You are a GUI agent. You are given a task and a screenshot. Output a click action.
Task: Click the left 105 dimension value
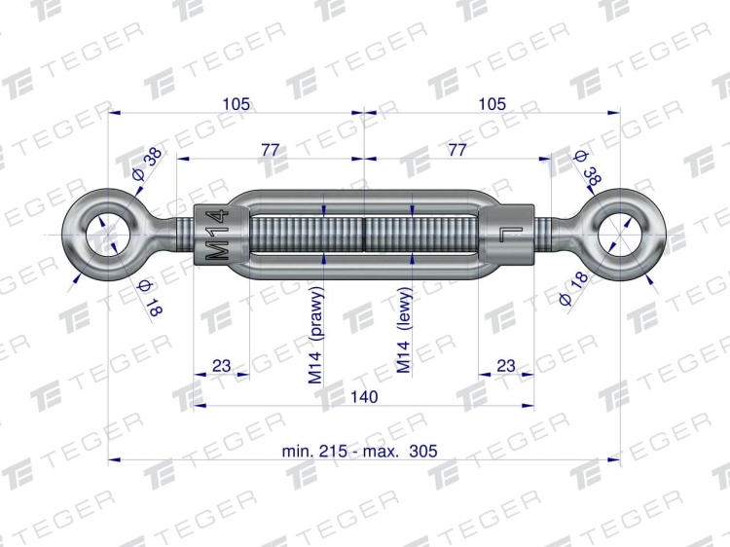pos(237,104)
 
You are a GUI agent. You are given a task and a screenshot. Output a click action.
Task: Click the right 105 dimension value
pos(493,104)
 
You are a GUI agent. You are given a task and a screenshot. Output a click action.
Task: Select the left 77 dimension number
pos(270,150)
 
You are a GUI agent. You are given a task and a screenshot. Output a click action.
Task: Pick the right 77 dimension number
pos(456,150)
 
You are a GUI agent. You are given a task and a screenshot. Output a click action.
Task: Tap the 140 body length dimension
pos(364,397)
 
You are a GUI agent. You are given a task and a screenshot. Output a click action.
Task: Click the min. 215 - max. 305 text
pos(359,451)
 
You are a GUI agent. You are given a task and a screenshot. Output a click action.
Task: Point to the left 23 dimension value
pos(221,366)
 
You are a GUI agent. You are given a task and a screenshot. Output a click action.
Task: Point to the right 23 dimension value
pos(505,366)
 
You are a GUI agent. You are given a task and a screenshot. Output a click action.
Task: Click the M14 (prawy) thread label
pos(315,335)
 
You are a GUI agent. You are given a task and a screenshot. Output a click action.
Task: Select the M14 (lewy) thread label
pos(404,330)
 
